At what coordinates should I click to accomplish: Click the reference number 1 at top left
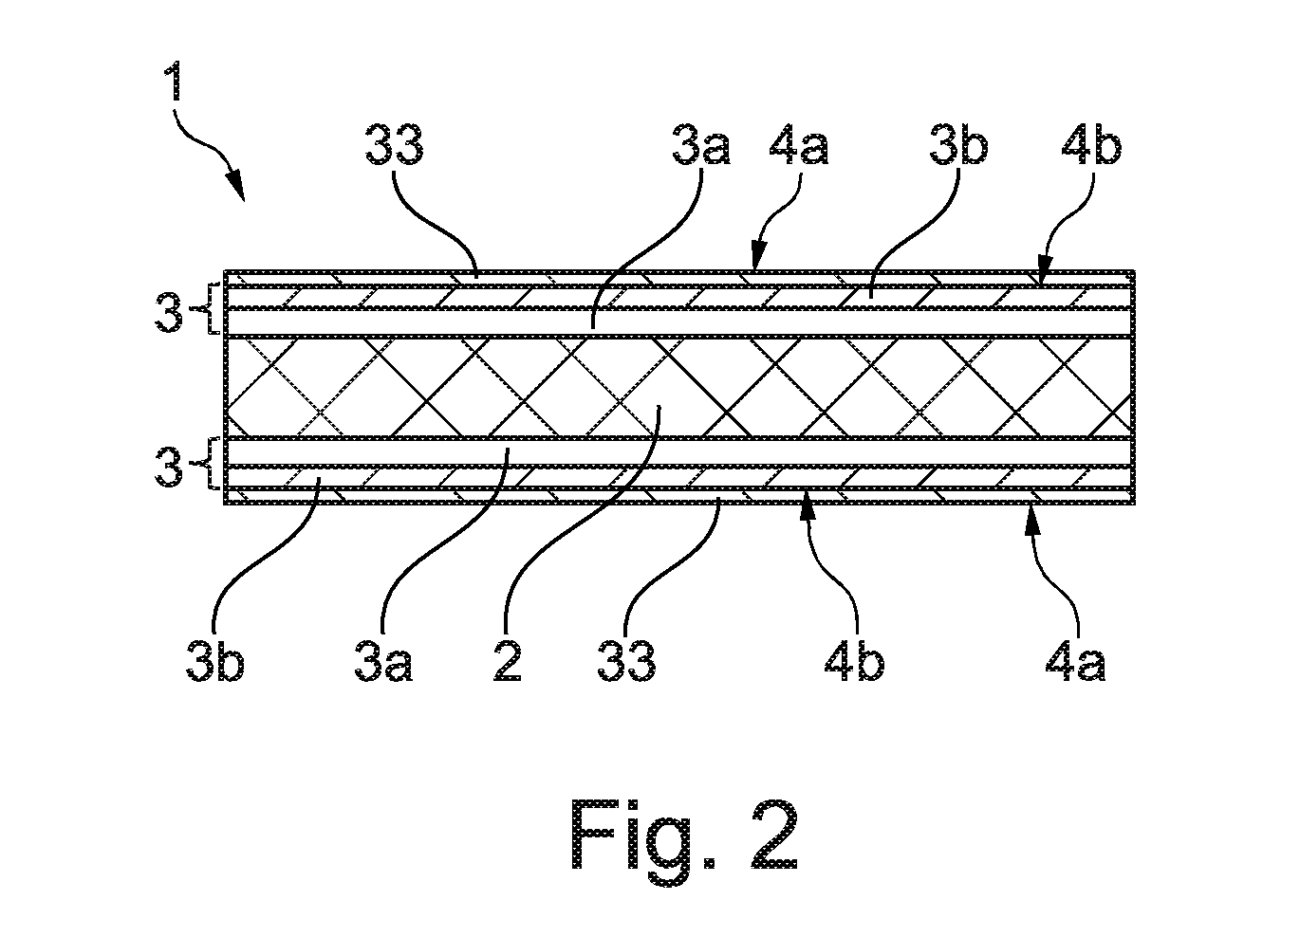point(174,82)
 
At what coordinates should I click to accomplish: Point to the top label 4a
point(799,145)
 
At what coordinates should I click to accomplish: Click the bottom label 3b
point(215,661)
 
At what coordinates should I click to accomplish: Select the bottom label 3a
point(383,661)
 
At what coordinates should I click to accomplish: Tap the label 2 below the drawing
point(508,661)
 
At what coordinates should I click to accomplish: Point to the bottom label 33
point(627,661)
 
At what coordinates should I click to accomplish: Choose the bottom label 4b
point(854,661)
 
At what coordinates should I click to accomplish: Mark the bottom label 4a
point(1075,661)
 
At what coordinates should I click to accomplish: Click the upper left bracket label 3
point(168,312)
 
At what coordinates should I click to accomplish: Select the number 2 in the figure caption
point(774,835)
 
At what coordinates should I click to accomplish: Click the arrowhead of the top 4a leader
point(757,256)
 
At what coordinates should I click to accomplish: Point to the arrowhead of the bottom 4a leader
point(1031,521)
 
